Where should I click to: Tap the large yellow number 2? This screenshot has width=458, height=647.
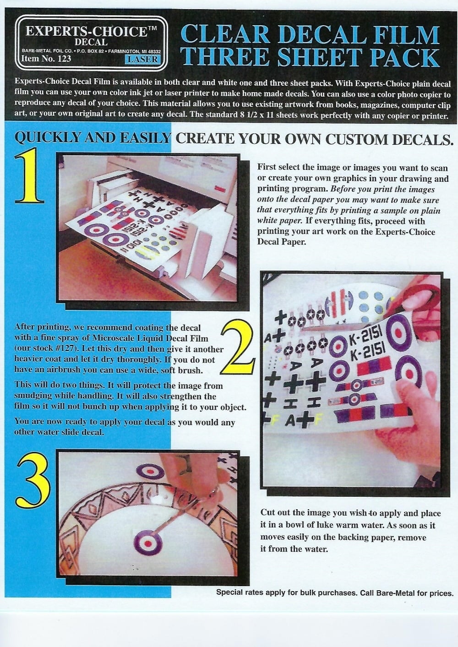click(x=238, y=347)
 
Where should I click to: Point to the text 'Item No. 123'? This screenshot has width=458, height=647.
click(x=46, y=59)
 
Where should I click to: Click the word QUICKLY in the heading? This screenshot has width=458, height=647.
click(x=47, y=138)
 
